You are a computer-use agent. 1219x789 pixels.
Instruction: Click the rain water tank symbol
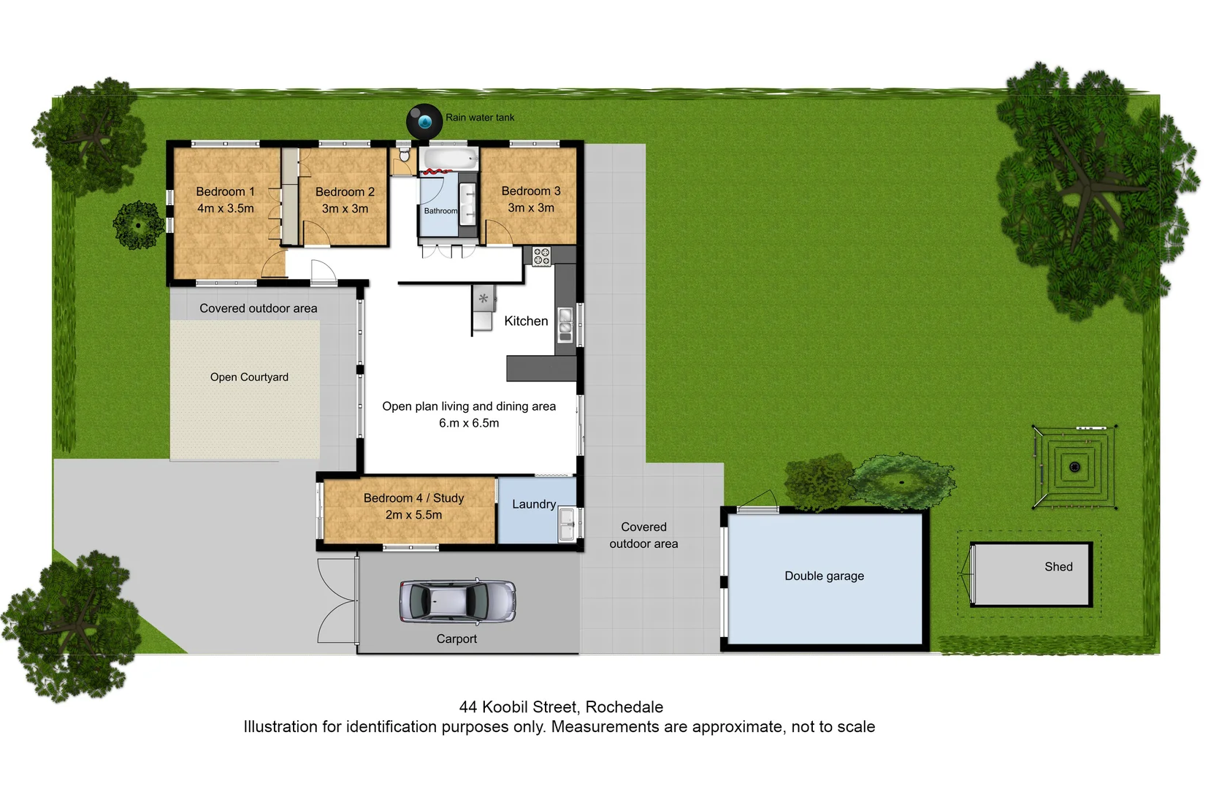424,121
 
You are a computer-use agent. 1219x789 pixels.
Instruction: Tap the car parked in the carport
457,601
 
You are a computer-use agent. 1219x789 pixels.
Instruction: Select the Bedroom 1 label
225,191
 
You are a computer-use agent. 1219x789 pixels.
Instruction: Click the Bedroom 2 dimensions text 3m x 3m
345,209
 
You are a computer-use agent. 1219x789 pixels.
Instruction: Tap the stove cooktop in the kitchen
541,256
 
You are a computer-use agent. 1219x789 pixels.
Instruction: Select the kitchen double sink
565,325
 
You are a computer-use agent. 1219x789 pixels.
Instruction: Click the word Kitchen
526,321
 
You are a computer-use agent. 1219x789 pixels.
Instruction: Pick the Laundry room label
533,504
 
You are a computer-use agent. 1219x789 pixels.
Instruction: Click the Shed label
1058,567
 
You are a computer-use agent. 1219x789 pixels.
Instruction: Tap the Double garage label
824,576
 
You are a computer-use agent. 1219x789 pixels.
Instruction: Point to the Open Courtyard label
249,377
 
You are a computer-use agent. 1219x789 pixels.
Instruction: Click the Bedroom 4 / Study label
413,498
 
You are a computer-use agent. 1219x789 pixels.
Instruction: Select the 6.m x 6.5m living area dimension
469,423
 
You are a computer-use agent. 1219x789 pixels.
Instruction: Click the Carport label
456,639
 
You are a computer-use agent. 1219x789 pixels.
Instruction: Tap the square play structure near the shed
1074,467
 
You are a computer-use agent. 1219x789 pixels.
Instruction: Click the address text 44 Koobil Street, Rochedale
561,707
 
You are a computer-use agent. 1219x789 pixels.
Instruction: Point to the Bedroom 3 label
531,191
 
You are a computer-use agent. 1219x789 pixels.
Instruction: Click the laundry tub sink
567,525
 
